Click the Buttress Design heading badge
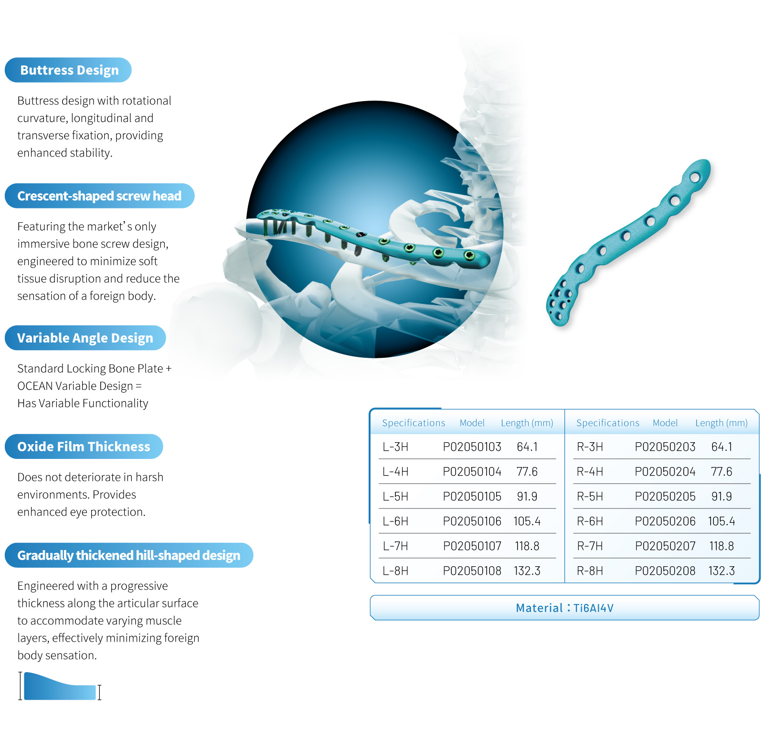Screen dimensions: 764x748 click(x=68, y=70)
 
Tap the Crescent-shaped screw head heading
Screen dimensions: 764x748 click(x=99, y=196)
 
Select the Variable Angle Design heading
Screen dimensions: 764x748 click(x=85, y=338)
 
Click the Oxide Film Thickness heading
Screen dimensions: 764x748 click(x=84, y=447)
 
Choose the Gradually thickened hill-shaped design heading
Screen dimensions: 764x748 click(x=129, y=555)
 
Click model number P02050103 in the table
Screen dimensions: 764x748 click(x=472, y=447)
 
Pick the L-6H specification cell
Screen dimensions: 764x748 click(x=395, y=521)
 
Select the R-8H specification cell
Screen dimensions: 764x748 click(x=590, y=571)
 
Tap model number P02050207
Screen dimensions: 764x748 click(x=665, y=546)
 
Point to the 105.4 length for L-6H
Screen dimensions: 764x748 click(x=527, y=521)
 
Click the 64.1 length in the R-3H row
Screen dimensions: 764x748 click(x=722, y=447)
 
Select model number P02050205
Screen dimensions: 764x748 click(x=665, y=497)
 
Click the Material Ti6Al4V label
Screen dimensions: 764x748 click(x=565, y=608)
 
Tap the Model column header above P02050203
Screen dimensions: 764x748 click(x=665, y=423)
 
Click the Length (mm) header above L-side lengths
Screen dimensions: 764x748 click(x=527, y=423)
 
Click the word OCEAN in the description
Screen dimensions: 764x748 click(x=35, y=386)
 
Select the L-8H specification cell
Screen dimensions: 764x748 click(x=395, y=571)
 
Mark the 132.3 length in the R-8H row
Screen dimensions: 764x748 click(x=722, y=571)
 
